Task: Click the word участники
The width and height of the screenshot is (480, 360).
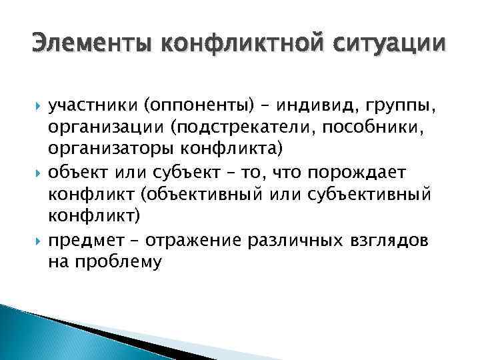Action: tap(89, 105)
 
